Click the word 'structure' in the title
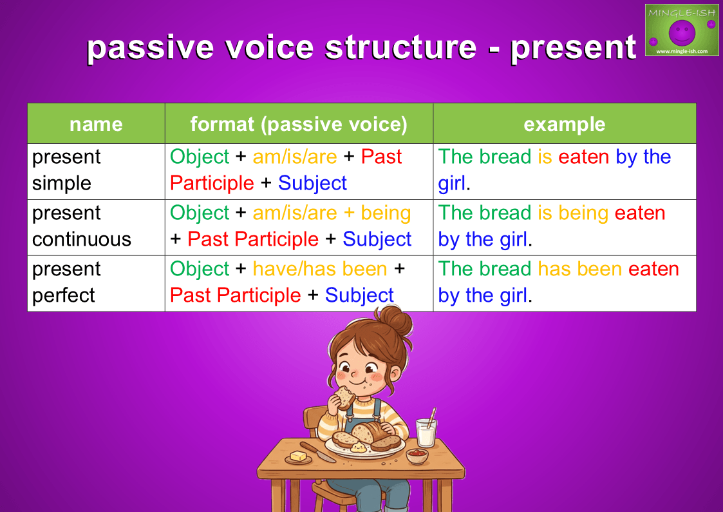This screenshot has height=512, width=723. tap(400, 47)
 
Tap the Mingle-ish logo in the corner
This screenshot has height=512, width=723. tap(682, 30)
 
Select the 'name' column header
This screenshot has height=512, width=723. tap(96, 124)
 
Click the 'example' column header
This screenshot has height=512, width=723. tap(565, 124)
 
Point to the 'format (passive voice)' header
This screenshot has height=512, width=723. tap(299, 124)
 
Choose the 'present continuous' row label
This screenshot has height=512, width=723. tap(82, 226)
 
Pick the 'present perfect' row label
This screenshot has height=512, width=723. tap(66, 282)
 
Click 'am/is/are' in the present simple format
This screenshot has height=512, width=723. tap(295, 157)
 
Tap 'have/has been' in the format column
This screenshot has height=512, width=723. tap(320, 269)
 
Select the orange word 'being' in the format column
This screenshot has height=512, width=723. tap(386, 213)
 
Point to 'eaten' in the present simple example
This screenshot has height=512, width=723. tap(583, 157)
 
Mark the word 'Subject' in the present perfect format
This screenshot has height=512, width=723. tap(359, 295)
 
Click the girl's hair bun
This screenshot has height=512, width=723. tap(394, 320)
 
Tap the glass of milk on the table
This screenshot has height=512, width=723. tap(426, 432)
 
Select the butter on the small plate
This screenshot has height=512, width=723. tap(298, 456)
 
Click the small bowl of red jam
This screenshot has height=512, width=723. tap(417, 455)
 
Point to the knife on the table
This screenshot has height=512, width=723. tap(317, 452)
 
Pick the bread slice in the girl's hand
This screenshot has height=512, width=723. tap(344, 397)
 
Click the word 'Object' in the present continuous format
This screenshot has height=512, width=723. tap(200, 213)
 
